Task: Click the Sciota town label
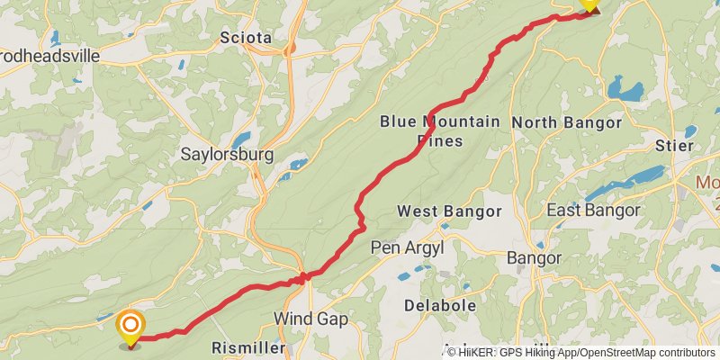click(x=245, y=38)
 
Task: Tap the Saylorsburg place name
click(x=227, y=154)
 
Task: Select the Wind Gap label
click(x=310, y=319)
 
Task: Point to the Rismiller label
click(x=247, y=347)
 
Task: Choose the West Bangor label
click(x=449, y=211)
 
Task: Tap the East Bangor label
click(x=593, y=211)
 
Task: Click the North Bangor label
click(x=566, y=122)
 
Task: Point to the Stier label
click(x=675, y=145)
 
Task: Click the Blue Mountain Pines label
click(x=439, y=130)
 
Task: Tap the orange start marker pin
click(x=130, y=326)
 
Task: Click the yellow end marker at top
click(x=589, y=4)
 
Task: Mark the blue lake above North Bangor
click(x=625, y=89)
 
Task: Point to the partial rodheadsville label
click(x=49, y=55)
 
